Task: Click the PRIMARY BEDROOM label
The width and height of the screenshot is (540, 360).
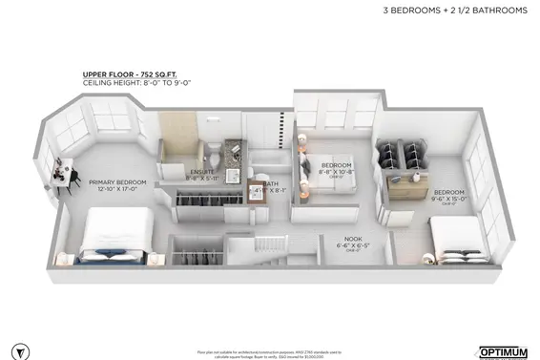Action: coord(116,182)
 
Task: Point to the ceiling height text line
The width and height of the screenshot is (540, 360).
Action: coord(127,85)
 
